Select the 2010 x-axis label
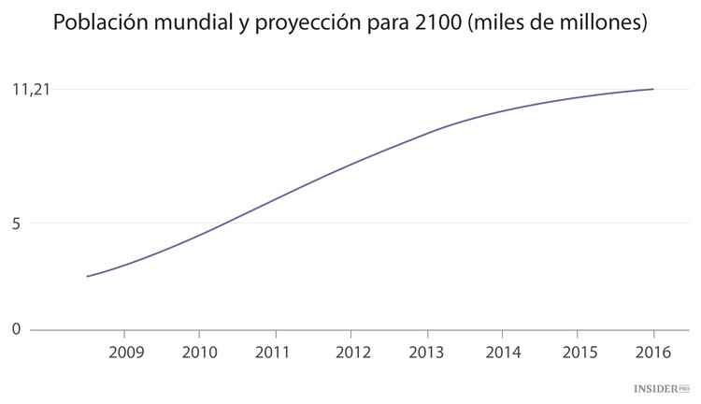pos(199,353)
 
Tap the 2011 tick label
pos(275,353)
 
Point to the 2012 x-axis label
pos(350,353)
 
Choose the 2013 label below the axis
pos(426,353)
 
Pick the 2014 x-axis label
pos(502,353)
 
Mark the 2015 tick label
pos(578,353)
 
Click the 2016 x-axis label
pos(652,353)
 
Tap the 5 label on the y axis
pos(17,223)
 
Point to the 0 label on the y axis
pos(17,329)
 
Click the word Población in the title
pos(97,22)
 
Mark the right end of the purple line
pos(652,89)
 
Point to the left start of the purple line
pos(87,276)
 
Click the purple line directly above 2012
pos(350,165)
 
